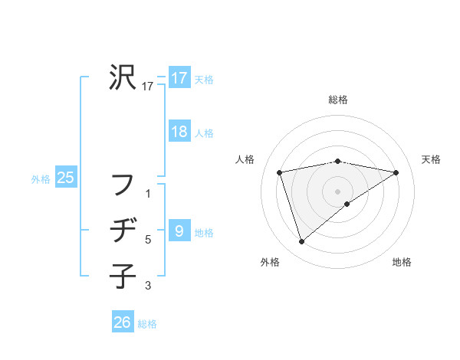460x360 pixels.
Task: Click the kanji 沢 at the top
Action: [x=123, y=77]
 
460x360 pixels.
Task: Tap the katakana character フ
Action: [x=123, y=185]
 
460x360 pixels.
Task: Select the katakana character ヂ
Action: [x=123, y=230]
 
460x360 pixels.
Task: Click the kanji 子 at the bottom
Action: [x=123, y=273]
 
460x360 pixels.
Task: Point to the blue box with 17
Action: [x=179, y=78]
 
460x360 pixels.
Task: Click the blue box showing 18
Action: [x=179, y=132]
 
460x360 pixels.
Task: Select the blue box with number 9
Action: [x=179, y=231]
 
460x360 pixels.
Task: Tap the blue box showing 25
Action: [x=66, y=178]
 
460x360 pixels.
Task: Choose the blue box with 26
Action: [x=123, y=322]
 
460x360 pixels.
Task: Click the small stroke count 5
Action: [x=148, y=241]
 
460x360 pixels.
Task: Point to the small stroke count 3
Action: [x=148, y=286]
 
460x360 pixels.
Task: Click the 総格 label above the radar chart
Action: [x=338, y=100]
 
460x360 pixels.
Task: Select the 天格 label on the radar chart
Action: [x=432, y=159]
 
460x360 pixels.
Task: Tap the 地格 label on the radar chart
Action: [x=402, y=262]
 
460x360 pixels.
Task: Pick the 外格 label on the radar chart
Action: [x=270, y=262]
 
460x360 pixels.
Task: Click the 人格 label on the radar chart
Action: [x=245, y=159]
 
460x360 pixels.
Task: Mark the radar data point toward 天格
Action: [x=396, y=172]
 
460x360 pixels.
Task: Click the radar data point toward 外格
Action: [x=302, y=242]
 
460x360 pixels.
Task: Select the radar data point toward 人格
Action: [x=280, y=172]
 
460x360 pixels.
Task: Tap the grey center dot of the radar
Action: [x=338, y=191]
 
